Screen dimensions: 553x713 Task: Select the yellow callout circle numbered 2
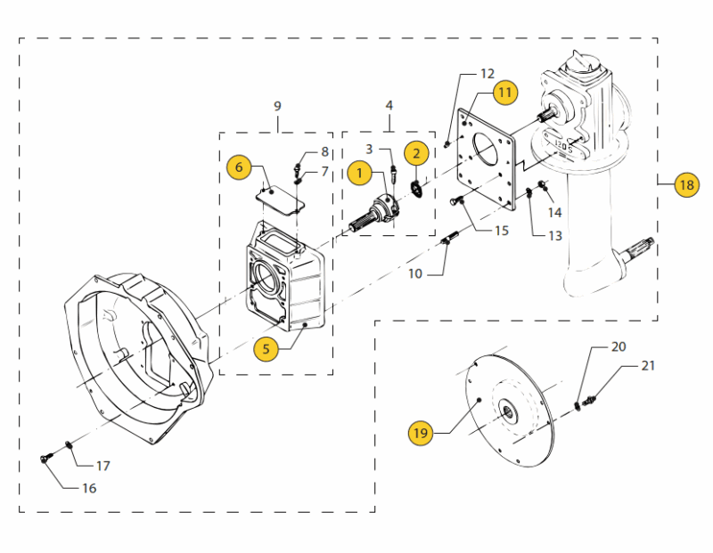(x=416, y=152)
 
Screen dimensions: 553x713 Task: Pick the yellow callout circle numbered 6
(x=237, y=167)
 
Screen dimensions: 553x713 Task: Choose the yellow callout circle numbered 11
(x=504, y=92)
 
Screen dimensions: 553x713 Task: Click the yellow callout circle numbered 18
(x=685, y=185)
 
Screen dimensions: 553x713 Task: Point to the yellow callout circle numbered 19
(x=420, y=434)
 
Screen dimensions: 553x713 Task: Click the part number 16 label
(x=88, y=488)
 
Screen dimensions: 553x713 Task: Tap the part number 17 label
(x=103, y=466)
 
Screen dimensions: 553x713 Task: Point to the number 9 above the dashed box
(x=277, y=106)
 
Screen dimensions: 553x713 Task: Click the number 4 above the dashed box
(x=389, y=106)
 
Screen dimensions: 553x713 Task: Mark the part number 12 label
(x=487, y=73)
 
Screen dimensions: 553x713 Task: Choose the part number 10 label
(x=415, y=273)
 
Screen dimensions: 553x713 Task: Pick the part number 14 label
(x=554, y=212)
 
